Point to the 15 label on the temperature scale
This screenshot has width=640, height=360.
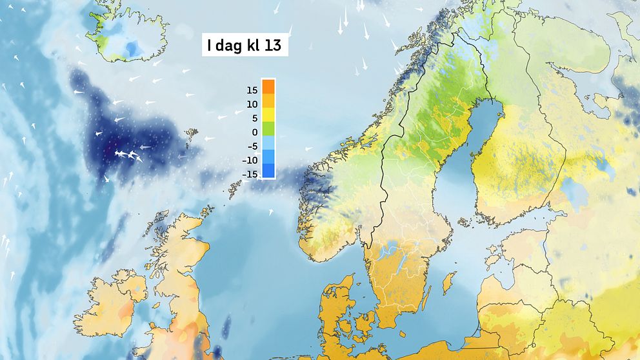(x=252, y=90)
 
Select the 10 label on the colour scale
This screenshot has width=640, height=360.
(x=252, y=104)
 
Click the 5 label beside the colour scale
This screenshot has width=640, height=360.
(x=254, y=118)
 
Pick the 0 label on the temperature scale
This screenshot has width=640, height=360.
(x=254, y=132)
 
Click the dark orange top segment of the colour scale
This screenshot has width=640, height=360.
(x=268, y=86)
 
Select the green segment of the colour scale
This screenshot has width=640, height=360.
(x=268, y=128)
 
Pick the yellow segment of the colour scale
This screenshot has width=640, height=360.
(x=268, y=115)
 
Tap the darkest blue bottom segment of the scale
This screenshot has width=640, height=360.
(x=268, y=171)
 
